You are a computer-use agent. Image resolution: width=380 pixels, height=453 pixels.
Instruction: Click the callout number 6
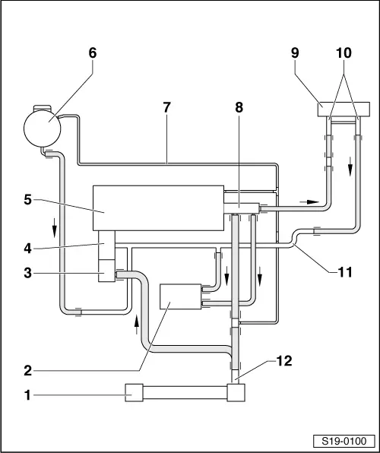coord(93,53)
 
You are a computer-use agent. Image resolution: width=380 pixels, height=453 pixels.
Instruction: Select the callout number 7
coord(166,107)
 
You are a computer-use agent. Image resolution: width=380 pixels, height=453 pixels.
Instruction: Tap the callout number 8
coord(239,107)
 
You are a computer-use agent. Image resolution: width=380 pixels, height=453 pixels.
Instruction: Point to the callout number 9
coord(295,53)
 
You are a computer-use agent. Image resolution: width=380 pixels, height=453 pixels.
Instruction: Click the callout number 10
coord(344,53)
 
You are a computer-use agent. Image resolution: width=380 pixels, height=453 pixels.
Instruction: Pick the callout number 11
coord(345,272)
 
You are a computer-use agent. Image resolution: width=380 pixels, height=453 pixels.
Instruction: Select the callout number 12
coord(284,361)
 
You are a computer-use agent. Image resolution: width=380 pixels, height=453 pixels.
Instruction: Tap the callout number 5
coord(28,200)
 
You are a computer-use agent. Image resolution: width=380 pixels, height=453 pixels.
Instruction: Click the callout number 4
coord(28,249)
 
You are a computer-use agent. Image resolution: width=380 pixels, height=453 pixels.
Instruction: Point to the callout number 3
coord(28,273)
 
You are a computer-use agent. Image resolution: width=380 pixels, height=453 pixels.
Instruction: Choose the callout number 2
coord(28,371)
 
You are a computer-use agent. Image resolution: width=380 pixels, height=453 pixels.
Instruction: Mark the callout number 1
coord(28,395)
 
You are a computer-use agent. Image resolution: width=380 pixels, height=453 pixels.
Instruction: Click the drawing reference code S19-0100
coord(344,441)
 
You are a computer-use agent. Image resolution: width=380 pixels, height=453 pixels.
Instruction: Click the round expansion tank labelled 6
coord(43,128)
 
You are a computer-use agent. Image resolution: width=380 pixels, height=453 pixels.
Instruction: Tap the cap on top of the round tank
coord(43,108)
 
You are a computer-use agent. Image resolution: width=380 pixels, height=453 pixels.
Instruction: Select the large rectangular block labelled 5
coord(158,208)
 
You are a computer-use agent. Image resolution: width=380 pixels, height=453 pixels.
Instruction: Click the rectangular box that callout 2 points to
coord(181,296)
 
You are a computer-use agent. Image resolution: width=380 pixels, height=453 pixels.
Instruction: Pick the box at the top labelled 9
coord(344,109)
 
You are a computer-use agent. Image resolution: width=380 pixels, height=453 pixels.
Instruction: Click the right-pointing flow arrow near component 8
coord(309,201)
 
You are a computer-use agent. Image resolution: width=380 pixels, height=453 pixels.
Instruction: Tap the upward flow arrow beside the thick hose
coord(137,325)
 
